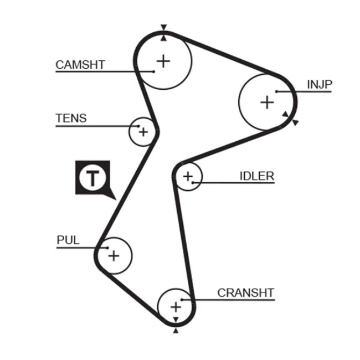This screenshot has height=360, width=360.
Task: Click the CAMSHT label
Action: point(80,64)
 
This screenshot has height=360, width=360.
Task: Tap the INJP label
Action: point(319,84)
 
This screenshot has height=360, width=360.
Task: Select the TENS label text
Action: point(71,118)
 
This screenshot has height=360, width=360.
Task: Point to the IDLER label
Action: point(256,176)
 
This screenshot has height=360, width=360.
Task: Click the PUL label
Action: point(68,240)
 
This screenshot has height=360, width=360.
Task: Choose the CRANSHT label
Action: point(245,292)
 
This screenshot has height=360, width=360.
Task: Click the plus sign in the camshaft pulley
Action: point(163,60)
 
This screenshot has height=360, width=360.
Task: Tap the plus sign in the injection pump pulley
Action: point(267,102)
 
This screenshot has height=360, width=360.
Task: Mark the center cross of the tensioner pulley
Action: point(143,132)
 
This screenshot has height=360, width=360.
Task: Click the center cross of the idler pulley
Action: point(188,177)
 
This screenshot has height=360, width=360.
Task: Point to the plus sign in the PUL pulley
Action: point(114,255)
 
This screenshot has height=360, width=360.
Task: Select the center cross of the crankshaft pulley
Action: point(176,306)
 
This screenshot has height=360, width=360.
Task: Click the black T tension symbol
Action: point(92,178)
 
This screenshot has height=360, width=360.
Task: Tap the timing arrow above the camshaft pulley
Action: point(163,27)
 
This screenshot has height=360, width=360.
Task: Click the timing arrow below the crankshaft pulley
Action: point(176,330)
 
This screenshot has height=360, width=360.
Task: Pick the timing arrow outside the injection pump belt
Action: point(295,122)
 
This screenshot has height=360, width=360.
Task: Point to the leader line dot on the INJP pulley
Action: point(276,91)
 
